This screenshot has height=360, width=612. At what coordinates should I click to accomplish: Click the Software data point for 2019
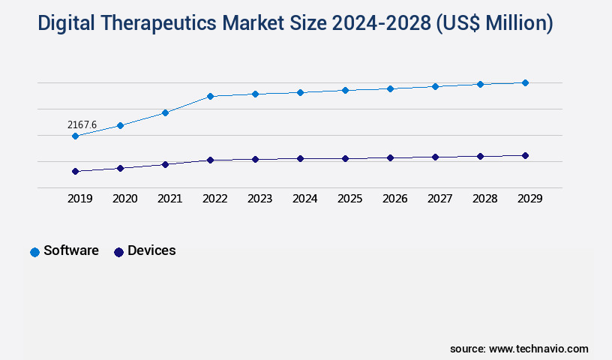click(75, 136)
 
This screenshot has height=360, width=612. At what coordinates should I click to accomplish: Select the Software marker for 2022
click(210, 96)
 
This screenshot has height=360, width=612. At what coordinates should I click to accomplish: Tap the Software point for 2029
click(525, 82)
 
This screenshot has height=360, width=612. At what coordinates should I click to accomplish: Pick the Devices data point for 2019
click(75, 171)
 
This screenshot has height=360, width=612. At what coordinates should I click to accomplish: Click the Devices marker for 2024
click(300, 158)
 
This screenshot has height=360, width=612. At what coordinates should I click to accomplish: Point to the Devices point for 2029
click(525, 155)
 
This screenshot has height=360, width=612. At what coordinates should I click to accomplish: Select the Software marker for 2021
click(165, 112)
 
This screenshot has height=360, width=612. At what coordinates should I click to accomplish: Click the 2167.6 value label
click(82, 124)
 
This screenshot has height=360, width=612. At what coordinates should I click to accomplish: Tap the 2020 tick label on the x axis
click(124, 199)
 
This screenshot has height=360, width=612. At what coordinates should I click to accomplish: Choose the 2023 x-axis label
click(259, 199)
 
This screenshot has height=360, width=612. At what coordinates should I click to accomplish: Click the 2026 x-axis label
click(394, 199)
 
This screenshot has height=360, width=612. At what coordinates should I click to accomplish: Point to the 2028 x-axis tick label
click(484, 199)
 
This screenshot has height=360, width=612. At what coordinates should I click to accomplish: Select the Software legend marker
click(34, 252)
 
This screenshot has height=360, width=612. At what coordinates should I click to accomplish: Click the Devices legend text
click(151, 250)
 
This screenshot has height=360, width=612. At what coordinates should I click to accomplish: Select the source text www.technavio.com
click(538, 349)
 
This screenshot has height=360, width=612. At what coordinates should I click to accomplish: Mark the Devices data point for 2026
click(390, 157)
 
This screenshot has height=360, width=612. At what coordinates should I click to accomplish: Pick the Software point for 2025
click(345, 90)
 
